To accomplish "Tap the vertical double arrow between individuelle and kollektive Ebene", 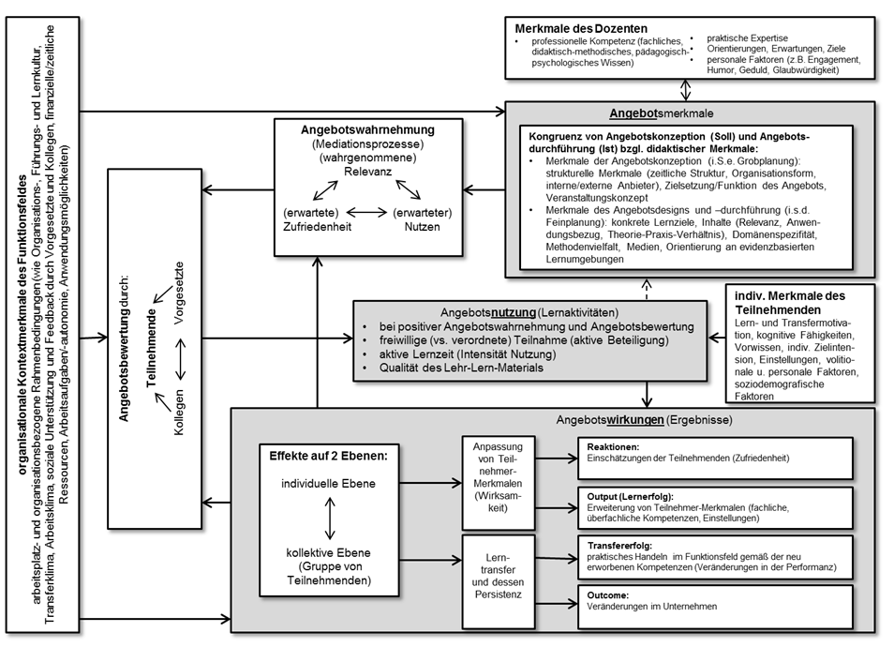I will click(326, 519).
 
